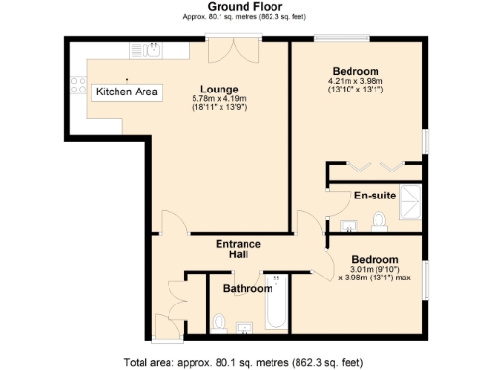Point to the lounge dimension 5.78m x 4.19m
[220, 99]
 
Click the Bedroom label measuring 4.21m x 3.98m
[355, 72]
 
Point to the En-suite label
[374, 196]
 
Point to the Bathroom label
[247, 288]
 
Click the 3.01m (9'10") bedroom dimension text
[369, 271]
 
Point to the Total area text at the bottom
[244, 362]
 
